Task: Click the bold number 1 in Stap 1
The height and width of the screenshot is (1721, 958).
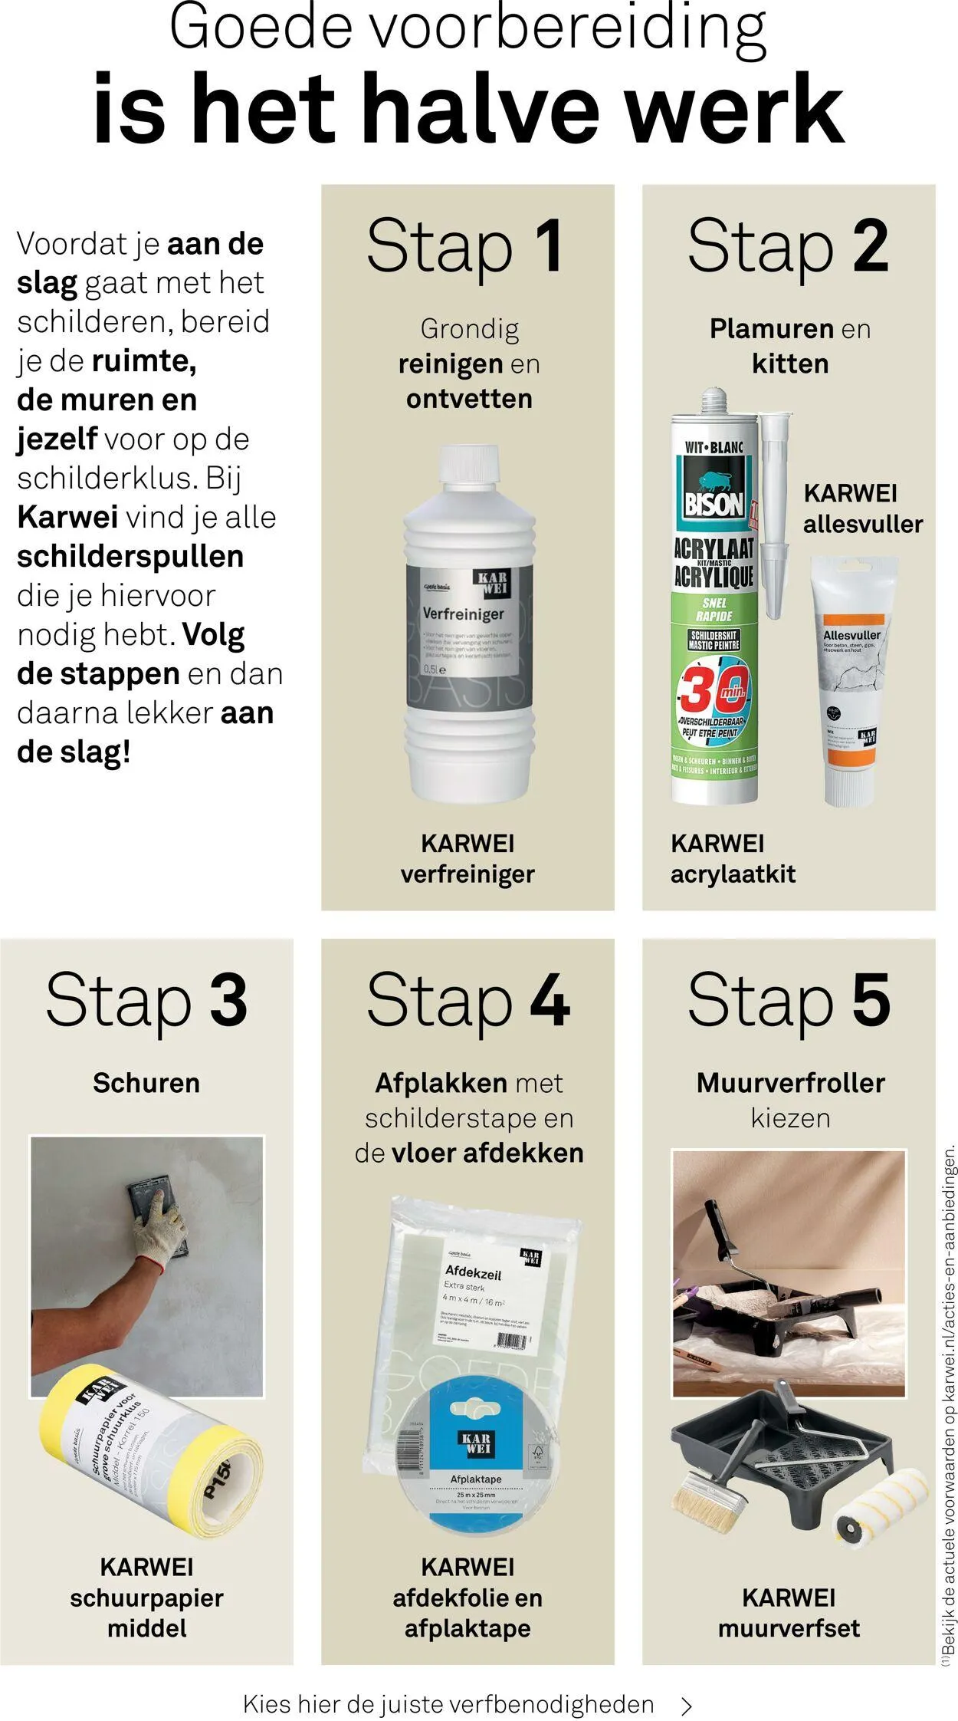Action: point(548,247)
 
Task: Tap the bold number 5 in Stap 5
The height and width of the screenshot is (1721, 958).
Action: point(871,1001)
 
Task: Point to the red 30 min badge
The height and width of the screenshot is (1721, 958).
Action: point(713,689)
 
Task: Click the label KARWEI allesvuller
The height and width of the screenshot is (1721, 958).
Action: point(862,508)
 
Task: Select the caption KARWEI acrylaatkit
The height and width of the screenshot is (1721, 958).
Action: point(733,859)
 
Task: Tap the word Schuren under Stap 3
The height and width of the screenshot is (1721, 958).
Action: point(146,1083)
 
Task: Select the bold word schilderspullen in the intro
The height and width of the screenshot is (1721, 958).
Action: point(130,557)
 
